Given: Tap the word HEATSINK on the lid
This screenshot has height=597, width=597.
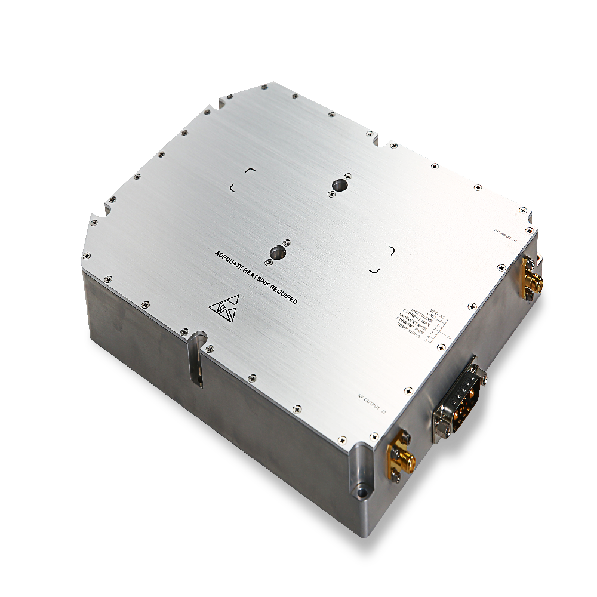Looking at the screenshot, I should [256, 281].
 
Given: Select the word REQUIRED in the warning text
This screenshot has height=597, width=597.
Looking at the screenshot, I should [284, 297].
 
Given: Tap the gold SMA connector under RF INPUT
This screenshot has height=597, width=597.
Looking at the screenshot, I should [530, 278].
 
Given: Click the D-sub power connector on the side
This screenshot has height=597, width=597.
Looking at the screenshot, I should [460, 396].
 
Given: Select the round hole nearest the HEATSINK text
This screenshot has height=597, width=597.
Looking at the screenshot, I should [276, 253].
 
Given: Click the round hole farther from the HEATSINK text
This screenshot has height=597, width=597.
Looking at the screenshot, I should [338, 184].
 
